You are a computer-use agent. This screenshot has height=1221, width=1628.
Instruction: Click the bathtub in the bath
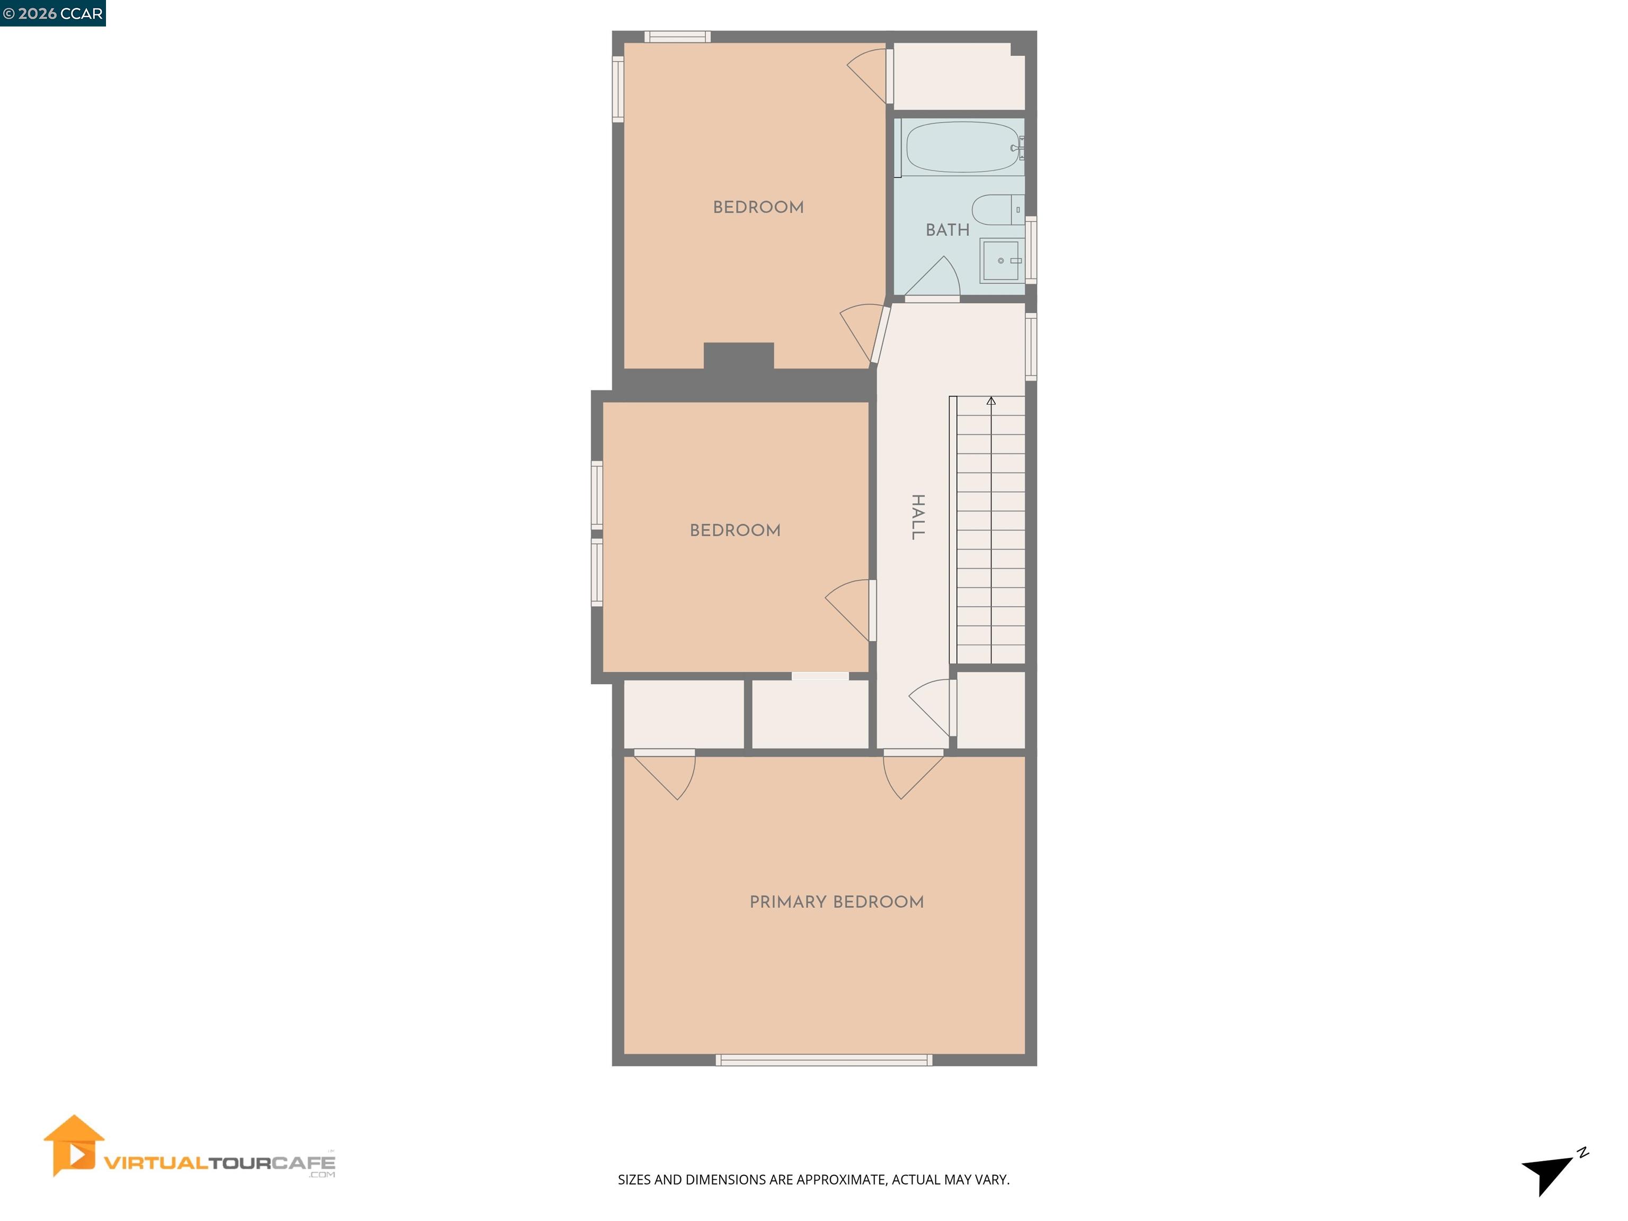coord(962,147)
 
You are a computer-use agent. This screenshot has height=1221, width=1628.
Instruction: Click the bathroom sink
coord(1000,261)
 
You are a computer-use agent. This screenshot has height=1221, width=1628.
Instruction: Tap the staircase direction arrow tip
coord(990,401)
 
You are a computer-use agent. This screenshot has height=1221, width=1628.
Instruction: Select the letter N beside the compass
coord(1582,1153)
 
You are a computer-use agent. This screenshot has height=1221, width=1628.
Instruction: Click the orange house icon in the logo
coord(73,1146)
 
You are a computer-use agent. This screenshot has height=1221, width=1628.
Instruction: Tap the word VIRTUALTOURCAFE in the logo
coord(219,1163)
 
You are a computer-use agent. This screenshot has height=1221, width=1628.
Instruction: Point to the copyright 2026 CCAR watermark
coord(52,13)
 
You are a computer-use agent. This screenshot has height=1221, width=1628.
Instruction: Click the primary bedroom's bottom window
coord(824,1060)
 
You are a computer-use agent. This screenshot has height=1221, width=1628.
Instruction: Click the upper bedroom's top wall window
coord(677,37)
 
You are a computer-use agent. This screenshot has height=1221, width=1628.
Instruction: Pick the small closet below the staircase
coord(990,710)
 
